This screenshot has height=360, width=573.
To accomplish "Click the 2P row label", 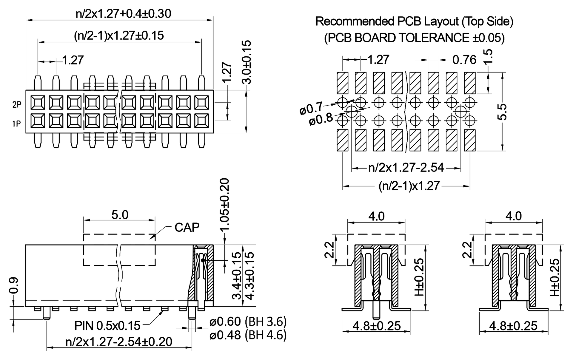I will coord(17,105).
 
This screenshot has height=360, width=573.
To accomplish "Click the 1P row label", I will coord(17,123).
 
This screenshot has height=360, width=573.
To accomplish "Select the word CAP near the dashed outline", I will coord(187,228).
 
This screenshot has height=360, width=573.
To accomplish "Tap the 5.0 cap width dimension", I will coord(120,215).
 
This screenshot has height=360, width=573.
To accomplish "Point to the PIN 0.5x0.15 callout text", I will coord(107,326).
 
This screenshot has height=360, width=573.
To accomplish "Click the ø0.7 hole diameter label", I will coord(311,108).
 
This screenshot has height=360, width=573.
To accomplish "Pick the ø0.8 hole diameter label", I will coord(321,120).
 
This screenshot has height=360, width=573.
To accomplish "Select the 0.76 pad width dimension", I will coord(464,60).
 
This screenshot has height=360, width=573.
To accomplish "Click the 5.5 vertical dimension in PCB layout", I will coord(502,112).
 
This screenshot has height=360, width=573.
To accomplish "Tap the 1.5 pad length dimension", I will coord(487,56).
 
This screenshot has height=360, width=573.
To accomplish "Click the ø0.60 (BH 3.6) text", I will coord(248,322).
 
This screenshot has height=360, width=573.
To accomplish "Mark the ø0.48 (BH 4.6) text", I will coord(248,335).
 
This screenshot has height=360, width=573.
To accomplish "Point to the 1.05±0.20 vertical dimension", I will coord(224,205).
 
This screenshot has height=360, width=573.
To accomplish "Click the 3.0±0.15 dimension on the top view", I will coord(247,62).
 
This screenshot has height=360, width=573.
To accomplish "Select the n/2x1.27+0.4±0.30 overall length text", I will coord(123,14).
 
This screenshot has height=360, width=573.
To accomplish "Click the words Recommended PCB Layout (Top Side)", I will coord(414,21).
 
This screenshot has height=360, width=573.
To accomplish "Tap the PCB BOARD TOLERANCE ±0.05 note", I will coord(414,38).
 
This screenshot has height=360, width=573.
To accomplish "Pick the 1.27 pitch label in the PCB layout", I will coord(378,60).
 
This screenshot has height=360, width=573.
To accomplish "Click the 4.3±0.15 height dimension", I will coord(249,275).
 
